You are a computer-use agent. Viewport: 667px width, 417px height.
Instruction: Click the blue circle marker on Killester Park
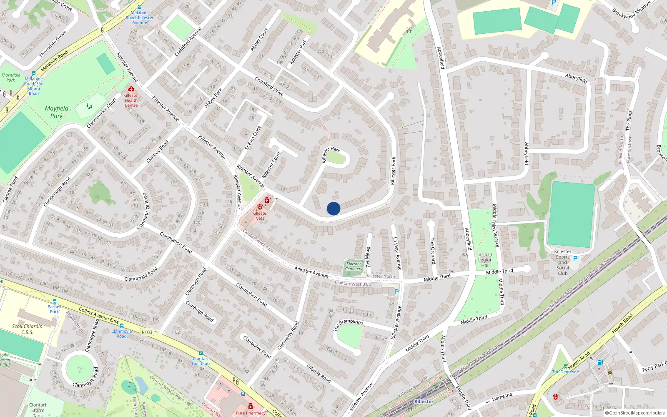tap(333, 208)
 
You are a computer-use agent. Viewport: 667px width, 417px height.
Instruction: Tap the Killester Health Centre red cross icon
tap(131, 89)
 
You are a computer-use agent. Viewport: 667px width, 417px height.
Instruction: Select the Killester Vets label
tap(260, 216)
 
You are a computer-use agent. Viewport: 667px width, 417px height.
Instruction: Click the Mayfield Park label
tap(57, 112)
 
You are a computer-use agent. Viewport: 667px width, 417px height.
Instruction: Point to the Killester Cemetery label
tap(354, 266)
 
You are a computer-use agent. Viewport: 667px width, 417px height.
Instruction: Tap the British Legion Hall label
tap(485, 260)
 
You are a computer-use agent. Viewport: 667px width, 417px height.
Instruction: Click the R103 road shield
tap(147, 332)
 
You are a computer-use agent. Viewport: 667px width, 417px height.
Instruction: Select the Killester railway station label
tap(424, 401)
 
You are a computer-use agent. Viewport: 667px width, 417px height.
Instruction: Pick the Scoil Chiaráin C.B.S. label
tap(27, 329)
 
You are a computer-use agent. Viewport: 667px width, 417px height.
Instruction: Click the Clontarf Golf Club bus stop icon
tap(201, 353)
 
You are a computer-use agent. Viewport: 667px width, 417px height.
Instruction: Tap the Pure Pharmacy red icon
tap(250, 406)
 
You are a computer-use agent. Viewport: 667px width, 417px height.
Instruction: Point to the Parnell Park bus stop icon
tap(54, 301)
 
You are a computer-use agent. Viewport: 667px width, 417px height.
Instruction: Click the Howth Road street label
tap(622, 323)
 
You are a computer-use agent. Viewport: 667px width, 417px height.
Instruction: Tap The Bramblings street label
tap(348, 324)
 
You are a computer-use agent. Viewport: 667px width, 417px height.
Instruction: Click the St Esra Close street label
tap(253, 138)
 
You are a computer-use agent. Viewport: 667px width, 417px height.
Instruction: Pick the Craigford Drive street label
tap(269, 86)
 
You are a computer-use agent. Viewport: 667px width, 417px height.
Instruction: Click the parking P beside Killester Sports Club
tap(575, 259)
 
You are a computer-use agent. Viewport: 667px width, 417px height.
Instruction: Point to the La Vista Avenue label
tap(397, 254)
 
